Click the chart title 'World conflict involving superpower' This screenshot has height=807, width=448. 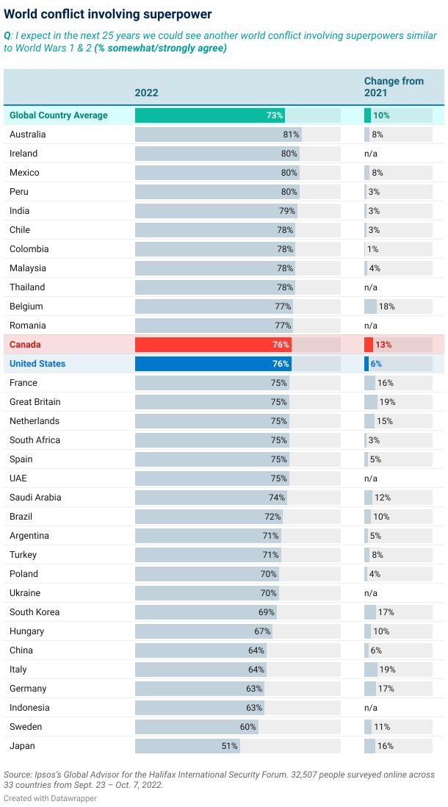(107, 14)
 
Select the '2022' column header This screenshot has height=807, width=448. (146, 93)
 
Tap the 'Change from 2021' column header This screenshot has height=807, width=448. (394, 87)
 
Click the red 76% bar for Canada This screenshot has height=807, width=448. (213, 345)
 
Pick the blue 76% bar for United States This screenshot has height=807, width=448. (213, 364)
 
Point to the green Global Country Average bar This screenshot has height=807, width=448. (209, 115)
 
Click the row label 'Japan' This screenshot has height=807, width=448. (22, 746)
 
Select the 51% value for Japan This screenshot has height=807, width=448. (230, 746)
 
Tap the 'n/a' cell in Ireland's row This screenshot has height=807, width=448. (371, 154)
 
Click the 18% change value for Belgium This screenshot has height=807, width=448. (386, 306)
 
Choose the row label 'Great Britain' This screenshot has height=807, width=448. (35, 402)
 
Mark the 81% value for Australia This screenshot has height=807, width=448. (292, 134)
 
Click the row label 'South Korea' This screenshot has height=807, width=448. (35, 612)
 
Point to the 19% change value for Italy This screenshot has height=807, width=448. (386, 670)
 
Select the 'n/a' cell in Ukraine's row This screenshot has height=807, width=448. (371, 593)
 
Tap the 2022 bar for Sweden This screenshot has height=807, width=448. (196, 727)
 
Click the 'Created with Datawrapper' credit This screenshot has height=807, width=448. (50, 798)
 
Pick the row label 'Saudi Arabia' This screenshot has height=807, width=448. (35, 498)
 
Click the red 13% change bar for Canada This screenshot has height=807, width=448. (369, 345)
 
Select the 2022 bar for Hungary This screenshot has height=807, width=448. (203, 631)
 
